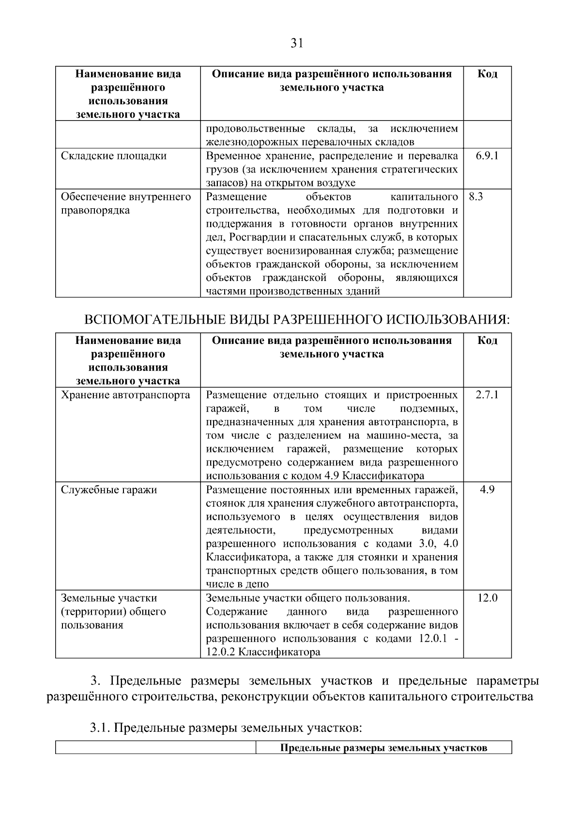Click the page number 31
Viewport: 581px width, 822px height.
click(x=297, y=44)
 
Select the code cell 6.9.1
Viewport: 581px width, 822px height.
click(x=487, y=155)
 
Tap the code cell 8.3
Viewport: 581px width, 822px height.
click(x=476, y=197)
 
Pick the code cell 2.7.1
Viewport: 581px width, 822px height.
click(x=487, y=395)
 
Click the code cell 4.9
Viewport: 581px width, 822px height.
click(x=487, y=490)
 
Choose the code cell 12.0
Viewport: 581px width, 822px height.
click(x=487, y=598)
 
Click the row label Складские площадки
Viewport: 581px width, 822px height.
click(x=114, y=156)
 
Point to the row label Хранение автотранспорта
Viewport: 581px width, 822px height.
click(x=125, y=395)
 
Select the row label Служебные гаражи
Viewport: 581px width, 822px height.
click(x=109, y=490)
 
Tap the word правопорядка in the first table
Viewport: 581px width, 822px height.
click(x=95, y=211)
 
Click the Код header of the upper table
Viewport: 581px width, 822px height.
click(x=487, y=74)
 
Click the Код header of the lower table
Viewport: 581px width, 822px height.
click(x=487, y=340)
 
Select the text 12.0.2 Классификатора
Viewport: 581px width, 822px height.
click(x=263, y=652)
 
